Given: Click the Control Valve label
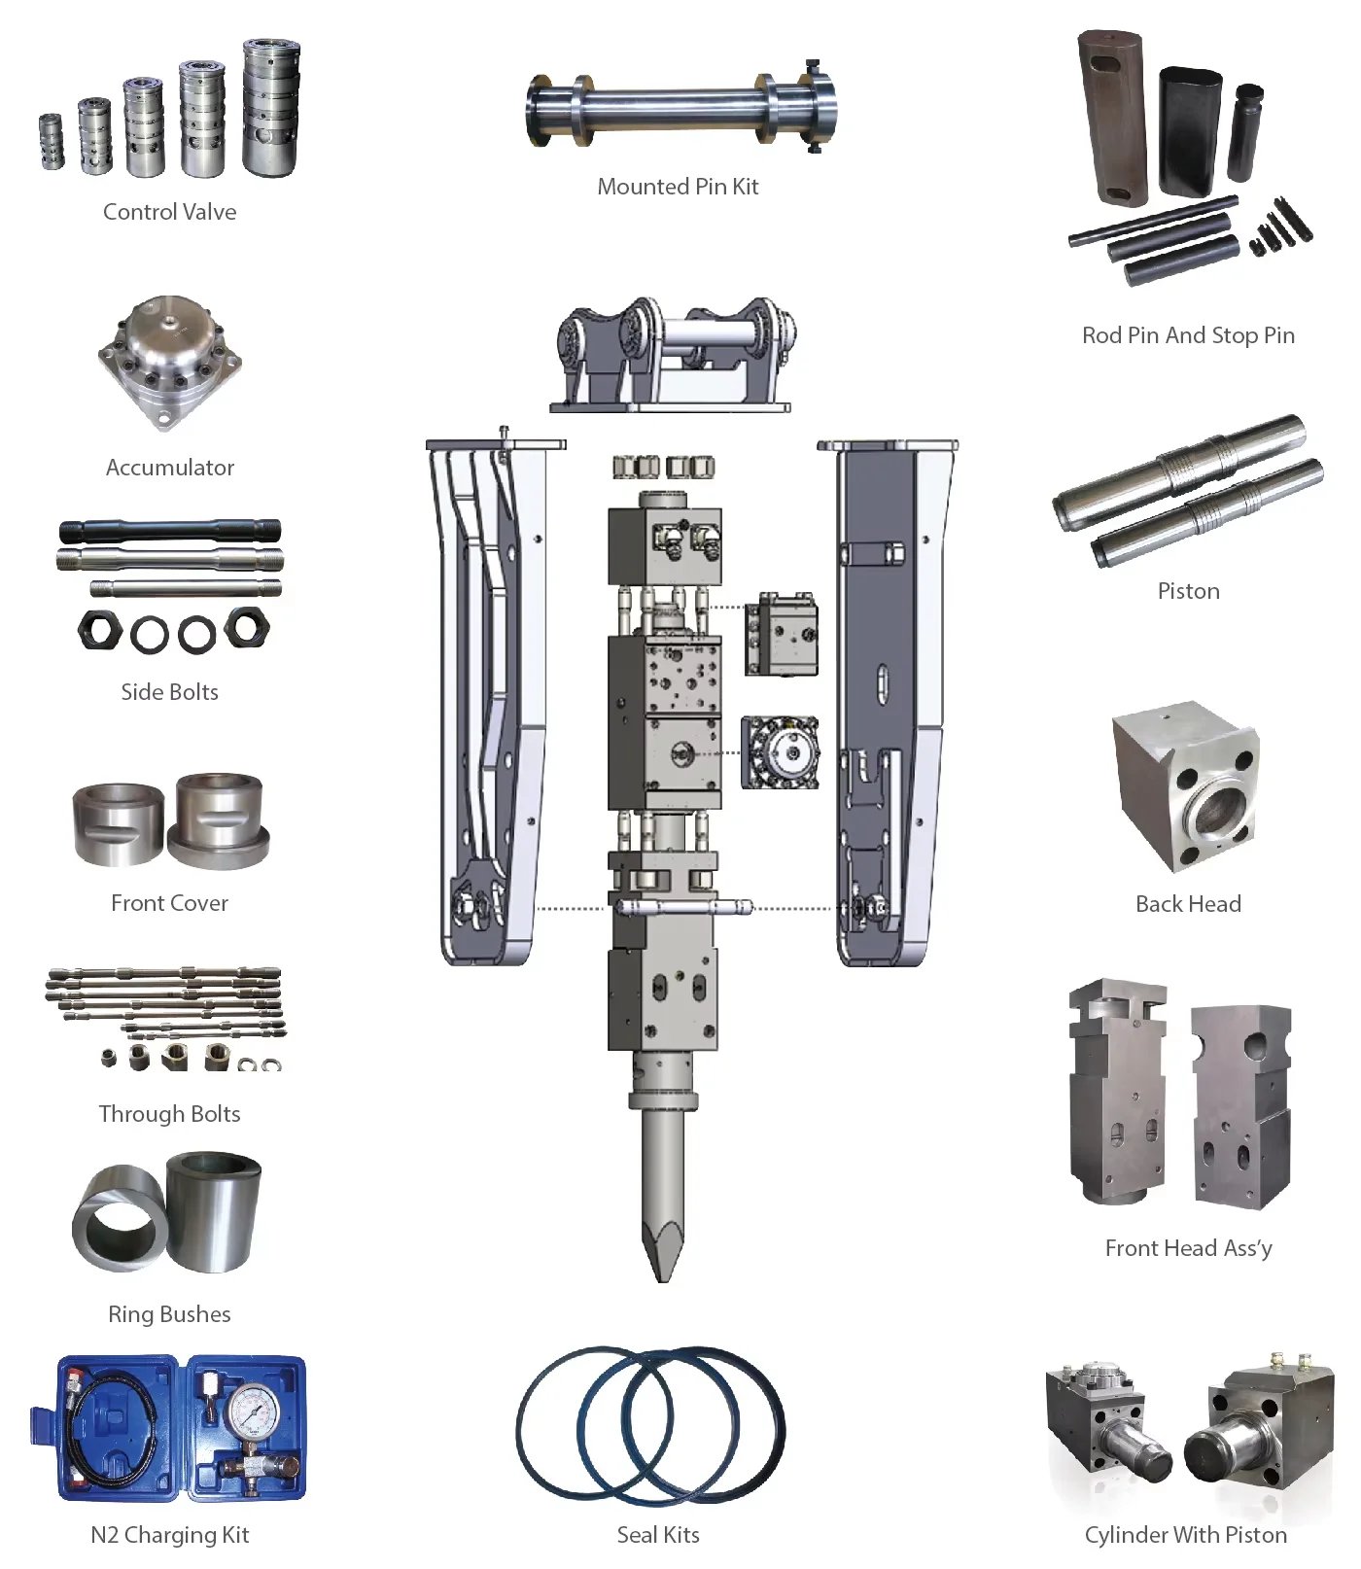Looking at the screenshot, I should point(169,212).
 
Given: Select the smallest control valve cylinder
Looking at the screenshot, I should point(52,142).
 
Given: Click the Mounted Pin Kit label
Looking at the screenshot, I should point(678,187).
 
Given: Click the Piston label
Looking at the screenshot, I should point(1188,591).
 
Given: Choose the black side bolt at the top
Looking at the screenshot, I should point(169,531).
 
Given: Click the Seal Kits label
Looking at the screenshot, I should point(658,1535).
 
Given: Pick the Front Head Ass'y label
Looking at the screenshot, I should point(1188,1248).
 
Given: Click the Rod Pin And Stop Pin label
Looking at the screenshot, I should point(1188,335).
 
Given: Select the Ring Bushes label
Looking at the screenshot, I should point(169,1314).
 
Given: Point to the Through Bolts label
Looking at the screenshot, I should point(169,1114).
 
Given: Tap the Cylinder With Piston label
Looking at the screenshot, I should point(1185,1535).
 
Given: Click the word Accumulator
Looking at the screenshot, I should point(169,468).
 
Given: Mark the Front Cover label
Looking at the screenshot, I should point(169,903).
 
